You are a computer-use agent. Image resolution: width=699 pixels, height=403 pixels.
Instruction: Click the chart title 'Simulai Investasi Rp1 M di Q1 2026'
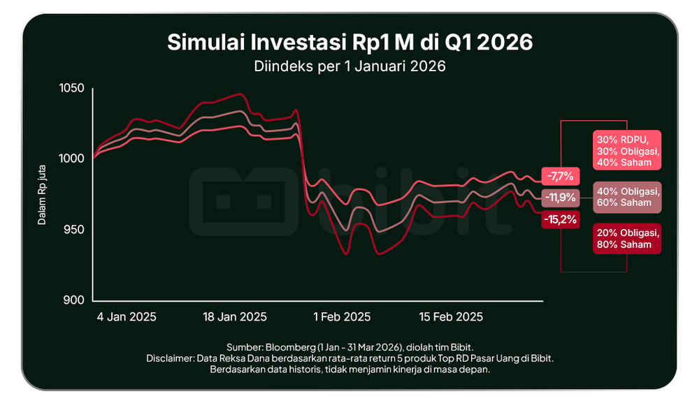(349, 43)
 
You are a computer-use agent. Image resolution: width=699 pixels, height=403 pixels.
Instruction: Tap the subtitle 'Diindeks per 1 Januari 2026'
(349, 66)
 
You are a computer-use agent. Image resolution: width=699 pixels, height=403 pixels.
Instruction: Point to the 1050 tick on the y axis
(72, 88)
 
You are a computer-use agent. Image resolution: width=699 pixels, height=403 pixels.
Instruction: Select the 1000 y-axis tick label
(72, 159)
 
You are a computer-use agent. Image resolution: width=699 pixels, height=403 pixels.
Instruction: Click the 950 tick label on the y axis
(73, 229)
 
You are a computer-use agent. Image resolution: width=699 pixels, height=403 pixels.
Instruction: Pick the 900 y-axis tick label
(73, 300)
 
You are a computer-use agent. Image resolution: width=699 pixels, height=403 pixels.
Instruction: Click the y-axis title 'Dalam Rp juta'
(42, 195)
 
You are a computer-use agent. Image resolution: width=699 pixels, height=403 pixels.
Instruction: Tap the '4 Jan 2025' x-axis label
(127, 317)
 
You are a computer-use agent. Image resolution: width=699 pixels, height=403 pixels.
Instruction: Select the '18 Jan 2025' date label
(235, 317)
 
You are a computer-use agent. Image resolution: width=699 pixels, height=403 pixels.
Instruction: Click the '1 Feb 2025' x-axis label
(342, 317)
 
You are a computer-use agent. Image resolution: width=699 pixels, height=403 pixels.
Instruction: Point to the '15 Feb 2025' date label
(451, 317)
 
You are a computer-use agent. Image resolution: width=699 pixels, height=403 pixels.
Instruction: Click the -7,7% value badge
(561, 176)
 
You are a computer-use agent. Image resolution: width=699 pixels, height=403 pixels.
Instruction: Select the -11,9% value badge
(561, 198)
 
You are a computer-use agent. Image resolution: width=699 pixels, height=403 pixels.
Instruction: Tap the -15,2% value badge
(561, 219)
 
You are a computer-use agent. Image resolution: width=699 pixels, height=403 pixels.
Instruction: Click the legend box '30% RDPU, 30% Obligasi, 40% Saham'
(627, 150)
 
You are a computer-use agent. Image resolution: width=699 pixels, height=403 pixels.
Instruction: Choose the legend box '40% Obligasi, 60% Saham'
(627, 197)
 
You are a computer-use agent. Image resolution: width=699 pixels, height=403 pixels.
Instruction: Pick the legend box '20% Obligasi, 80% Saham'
(627, 239)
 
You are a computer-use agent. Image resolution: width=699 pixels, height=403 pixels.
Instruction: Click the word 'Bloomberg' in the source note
(290, 347)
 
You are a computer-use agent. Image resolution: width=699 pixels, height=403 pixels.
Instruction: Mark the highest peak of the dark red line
(240, 94)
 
